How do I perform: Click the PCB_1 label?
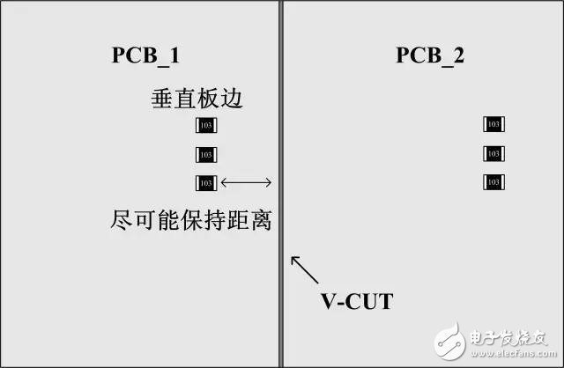pyautogui.click(x=145, y=55)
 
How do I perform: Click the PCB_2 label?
pyautogui.click(x=430, y=55)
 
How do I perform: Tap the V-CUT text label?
pyautogui.click(x=357, y=301)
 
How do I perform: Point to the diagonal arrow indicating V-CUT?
pyautogui.click(x=305, y=269)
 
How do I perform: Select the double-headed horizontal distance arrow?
pyautogui.click(x=246, y=182)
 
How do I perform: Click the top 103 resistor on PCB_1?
pyautogui.click(x=206, y=125)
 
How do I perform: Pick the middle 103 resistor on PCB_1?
pyautogui.click(x=206, y=155)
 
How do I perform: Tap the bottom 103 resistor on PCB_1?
pyautogui.click(x=206, y=183)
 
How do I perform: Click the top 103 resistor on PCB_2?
pyautogui.click(x=493, y=124)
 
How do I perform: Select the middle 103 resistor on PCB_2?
pyautogui.click(x=493, y=154)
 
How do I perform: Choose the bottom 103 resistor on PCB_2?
pyautogui.click(x=493, y=182)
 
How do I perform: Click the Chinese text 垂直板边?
pyautogui.click(x=197, y=99)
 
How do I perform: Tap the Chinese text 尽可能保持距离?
pyautogui.click(x=191, y=219)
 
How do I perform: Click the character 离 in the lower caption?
pyautogui.click(x=261, y=219)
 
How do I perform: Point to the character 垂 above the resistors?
pyautogui.click(x=162, y=99)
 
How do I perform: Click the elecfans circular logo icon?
pyautogui.click(x=450, y=341)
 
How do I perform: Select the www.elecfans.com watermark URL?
pyautogui.click(x=514, y=354)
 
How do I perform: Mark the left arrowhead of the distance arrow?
pyautogui.click(x=224, y=182)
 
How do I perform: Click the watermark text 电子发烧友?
pyautogui.click(x=508, y=338)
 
